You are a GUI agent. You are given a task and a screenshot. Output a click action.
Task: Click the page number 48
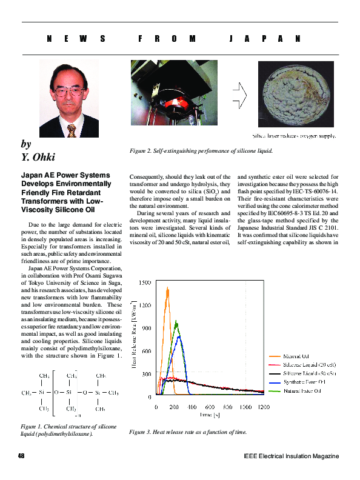click(x=21, y=456)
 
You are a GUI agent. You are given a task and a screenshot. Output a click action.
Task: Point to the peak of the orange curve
click(x=167, y=288)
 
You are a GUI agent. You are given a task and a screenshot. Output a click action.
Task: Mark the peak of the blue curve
click(x=178, y=335)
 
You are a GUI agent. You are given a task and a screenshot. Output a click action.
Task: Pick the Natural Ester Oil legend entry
click(x=303, y=392)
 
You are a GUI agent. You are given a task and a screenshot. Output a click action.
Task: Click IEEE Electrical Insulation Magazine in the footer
click(x=291, y=456)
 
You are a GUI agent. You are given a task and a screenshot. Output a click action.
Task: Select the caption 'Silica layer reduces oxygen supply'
click(x=294, y=136)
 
